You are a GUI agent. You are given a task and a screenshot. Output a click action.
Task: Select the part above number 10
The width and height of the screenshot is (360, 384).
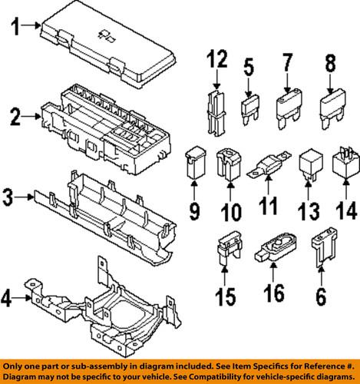pos(230,164)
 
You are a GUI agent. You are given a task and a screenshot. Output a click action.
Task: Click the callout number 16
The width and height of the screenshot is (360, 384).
pos(273,293)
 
